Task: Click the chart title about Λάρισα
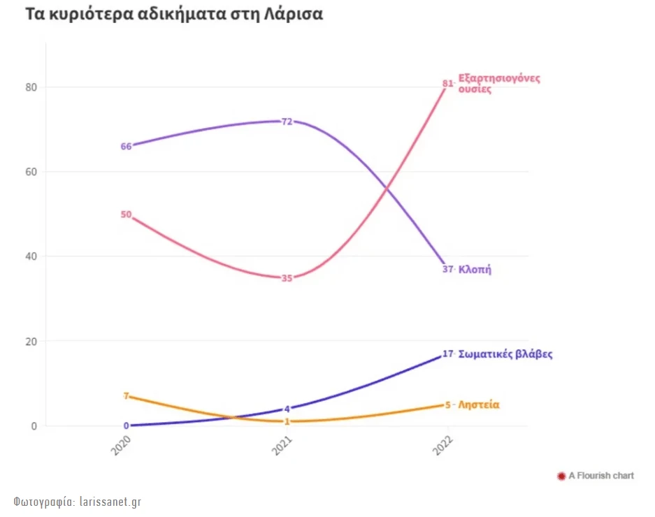[174, 15]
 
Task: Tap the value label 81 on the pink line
[447, 84]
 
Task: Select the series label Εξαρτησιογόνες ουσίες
[498, 83]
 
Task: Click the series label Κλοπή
[475, 269]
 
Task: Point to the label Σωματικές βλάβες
[505, 354]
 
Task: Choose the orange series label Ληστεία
[479, 405]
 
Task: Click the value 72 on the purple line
[287, 121]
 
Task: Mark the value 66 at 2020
[126, 146]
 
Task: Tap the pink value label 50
[126, 214]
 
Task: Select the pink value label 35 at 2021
[287, 278]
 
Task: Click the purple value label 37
[448, 269]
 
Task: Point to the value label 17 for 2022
[448, 354]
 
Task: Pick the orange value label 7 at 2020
[126, 396]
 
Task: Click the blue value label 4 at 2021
[287, 409]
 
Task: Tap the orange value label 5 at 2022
[448, 405]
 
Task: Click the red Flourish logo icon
[561, 476]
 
